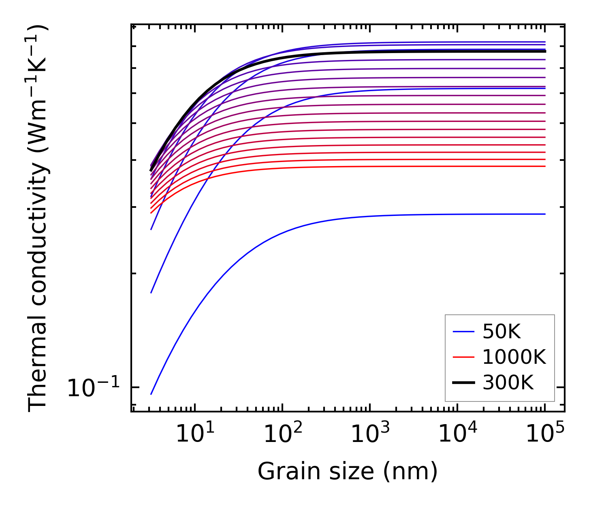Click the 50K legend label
point(501,332)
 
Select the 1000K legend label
point(514,357)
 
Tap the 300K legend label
point(508,382)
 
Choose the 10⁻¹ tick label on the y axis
point(94,388)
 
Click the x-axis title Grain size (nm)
point(348,472)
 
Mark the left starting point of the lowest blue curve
point(151,394)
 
